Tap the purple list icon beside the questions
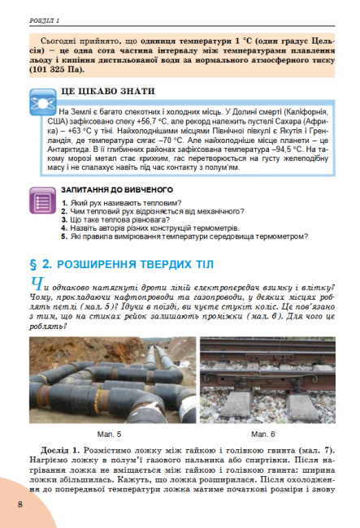pyautogui.click(x=41, y=201)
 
